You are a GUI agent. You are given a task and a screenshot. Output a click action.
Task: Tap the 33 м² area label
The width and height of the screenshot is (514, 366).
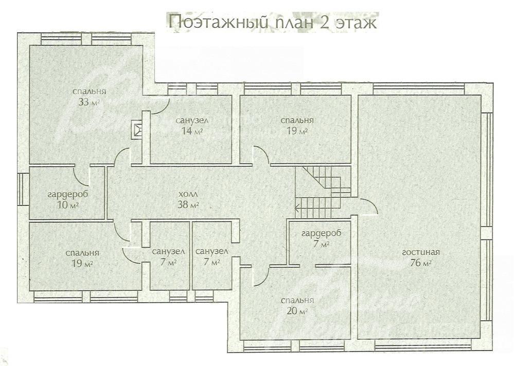[89, 102]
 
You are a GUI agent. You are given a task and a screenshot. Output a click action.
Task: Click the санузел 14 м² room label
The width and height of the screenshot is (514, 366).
[192, 126]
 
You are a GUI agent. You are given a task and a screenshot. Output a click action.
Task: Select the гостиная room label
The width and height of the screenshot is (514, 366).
[420, 252]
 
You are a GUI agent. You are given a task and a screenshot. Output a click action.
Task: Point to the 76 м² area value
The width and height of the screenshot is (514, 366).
[420, 263]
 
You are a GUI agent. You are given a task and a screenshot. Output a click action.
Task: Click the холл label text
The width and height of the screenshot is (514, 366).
[188, 194]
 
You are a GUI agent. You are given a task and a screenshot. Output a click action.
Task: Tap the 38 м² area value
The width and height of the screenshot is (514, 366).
[188, 205]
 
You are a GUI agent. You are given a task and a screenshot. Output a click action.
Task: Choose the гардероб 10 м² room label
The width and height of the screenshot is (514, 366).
[68, 199]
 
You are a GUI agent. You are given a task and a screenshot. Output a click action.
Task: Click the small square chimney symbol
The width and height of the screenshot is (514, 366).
[137, 130]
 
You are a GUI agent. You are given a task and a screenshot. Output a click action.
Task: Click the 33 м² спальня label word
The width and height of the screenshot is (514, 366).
[90, 92]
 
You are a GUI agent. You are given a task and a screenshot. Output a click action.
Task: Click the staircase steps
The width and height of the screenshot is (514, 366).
[323, 192]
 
